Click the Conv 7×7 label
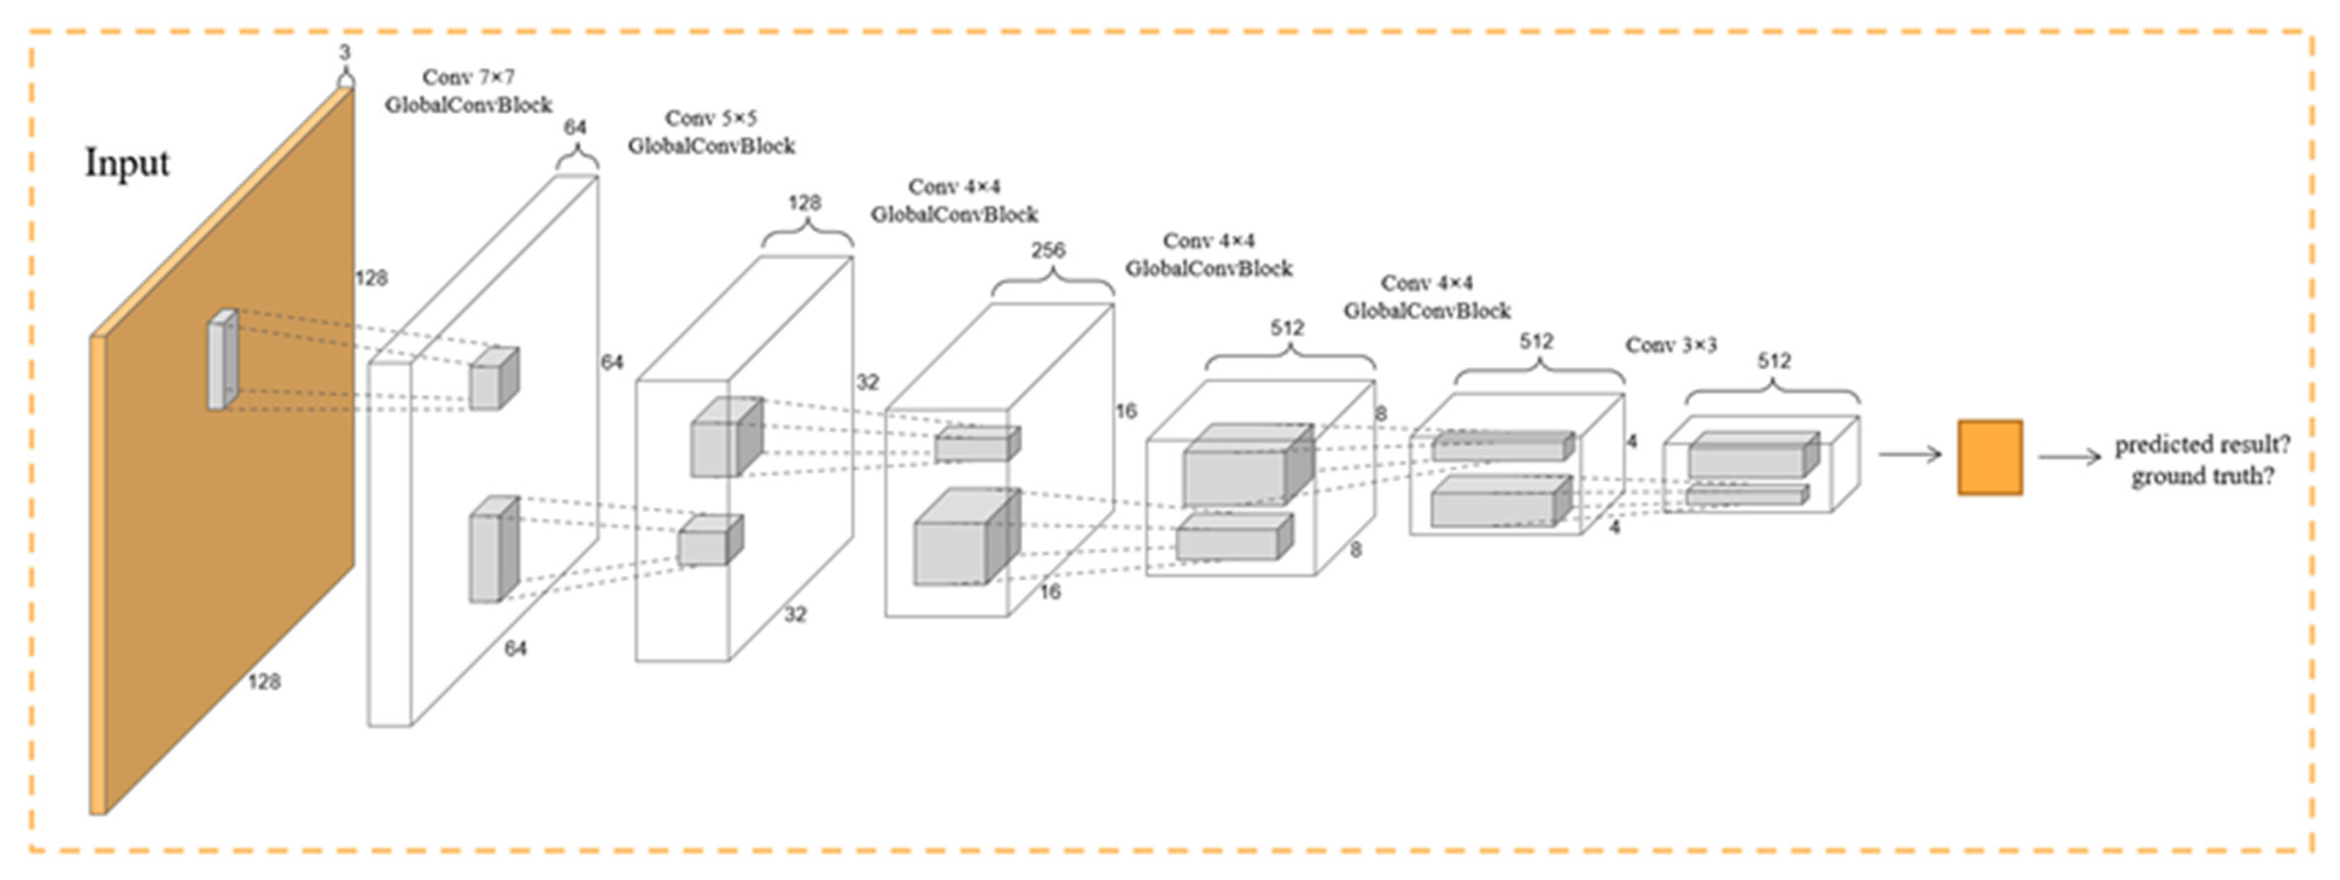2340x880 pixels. click(x=468, y=77)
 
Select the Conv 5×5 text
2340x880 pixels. click(x=710, y=118)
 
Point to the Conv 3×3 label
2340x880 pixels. click(x=1671, y=345)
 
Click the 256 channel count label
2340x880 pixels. click(x=1048, y=250)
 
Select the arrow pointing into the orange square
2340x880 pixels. click(x=1909, y=454)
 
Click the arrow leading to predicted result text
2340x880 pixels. click(x=2069, y=457)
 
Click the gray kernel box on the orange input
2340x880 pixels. click(x=222, y=359)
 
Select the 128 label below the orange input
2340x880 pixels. click(x=264, y=681)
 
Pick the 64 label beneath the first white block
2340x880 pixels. click(x=515, y=648)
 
